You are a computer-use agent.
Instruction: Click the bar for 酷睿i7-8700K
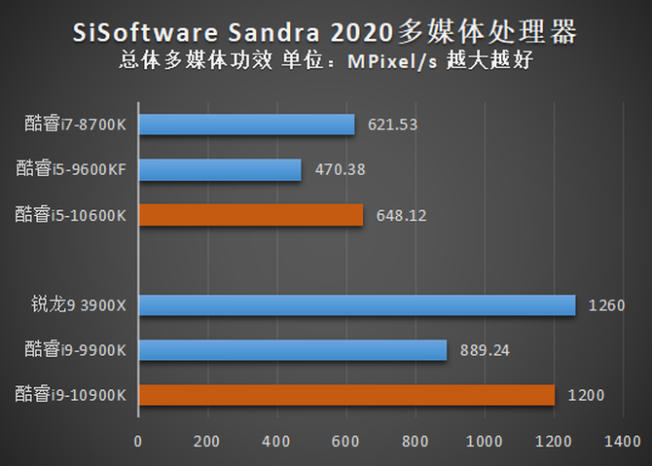coord(246,125)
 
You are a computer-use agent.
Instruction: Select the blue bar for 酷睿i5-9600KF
coord(220,169)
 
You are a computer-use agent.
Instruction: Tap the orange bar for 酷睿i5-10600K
coord(251,214)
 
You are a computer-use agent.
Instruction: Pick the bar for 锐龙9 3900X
coord(356,305)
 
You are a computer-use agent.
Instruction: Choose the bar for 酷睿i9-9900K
coord(292,350)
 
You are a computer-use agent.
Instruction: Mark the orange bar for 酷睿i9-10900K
coord(346,395)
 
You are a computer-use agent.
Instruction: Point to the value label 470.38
coord(340,170)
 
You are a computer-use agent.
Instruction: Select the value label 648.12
coord(401,215)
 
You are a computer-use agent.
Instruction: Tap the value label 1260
coord(606,306)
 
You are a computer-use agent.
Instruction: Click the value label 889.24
coord(486,351)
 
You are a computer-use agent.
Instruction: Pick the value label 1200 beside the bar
coord(586,396)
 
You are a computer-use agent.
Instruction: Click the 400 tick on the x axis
coord(276,441)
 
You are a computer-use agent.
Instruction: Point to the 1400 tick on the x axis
coord(622,441)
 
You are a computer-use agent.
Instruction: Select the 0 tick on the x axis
coord(138,441)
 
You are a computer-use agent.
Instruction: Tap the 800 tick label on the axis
coord(416,441)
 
